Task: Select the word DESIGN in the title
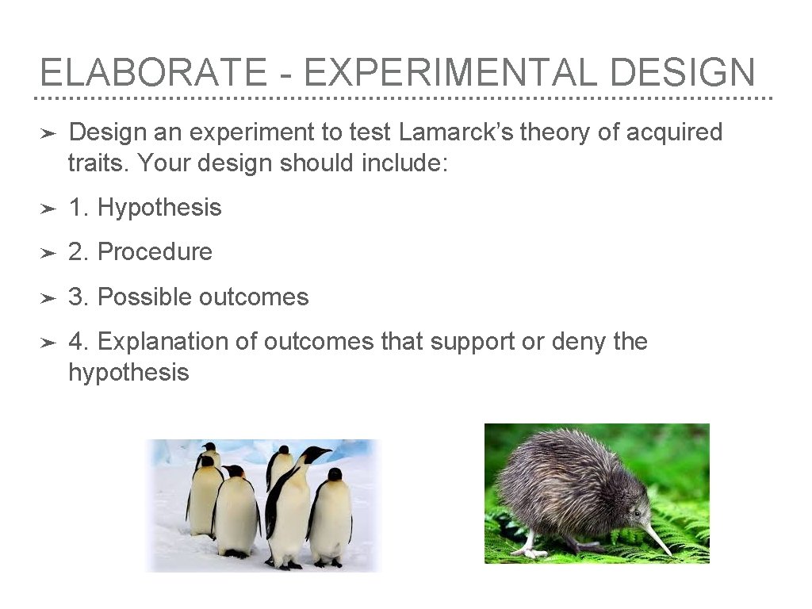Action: (x=683, y=73)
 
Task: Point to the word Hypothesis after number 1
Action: (x=159, y=208)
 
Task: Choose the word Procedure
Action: (x=155, y=252)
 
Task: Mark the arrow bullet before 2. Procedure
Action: (x=48, y=253)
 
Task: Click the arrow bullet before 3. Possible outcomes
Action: (x=48, y=298)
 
